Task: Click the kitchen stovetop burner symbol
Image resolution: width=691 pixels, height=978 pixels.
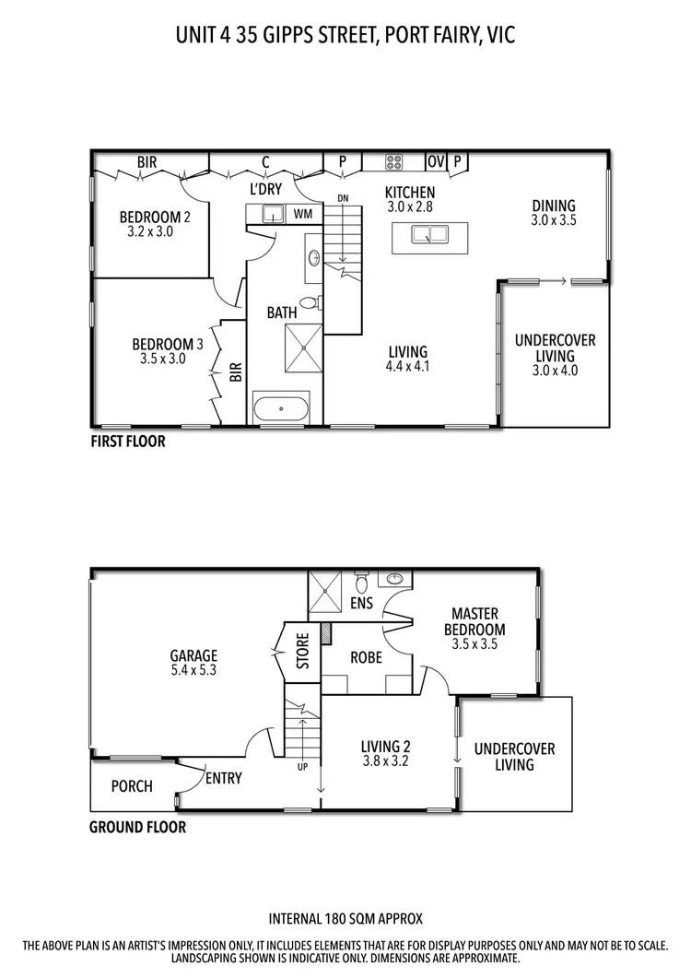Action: [x=393, y=162]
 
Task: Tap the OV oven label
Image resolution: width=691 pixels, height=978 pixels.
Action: [x=436, y=162]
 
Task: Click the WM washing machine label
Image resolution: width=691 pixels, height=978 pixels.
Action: [x=301, y=214]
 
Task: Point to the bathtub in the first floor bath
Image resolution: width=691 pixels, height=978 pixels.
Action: [x=283, y=408]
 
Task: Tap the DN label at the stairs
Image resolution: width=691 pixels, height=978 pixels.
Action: [x=343, y=198]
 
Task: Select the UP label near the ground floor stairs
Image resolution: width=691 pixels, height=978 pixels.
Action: [x=302, y=766]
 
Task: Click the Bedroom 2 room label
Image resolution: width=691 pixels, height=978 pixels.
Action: [x=155, y=218]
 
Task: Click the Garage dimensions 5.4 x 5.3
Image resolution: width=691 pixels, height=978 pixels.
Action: [x=193, y=671]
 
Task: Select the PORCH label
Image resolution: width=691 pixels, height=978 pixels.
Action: [x=132, y=786]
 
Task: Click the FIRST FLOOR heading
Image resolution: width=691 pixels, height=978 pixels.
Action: [x=127, y=442]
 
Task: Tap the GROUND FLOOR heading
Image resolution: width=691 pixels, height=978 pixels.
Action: [x=137, y=827]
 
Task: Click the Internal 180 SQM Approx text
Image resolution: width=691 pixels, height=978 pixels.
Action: [x=345, y=919]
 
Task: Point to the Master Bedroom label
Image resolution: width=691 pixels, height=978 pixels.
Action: [x=474, y=621]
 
